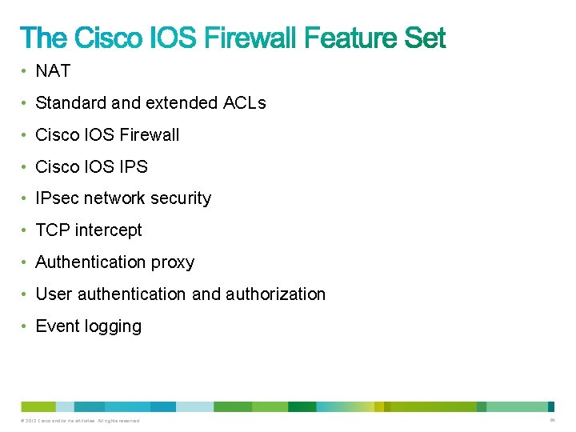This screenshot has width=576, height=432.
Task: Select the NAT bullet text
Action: (53, 71)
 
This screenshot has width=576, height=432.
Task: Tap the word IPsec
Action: (58, 198)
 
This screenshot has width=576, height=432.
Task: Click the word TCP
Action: (52, 230)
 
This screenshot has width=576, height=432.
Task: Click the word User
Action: (54, 294)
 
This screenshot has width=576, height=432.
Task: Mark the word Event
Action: (58, 326)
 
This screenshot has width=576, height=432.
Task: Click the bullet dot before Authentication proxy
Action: (26, 263)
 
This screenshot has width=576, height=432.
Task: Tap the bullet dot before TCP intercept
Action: (26, 231)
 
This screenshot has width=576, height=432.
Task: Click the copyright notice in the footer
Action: (82, 421)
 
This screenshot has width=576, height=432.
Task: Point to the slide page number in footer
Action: (552, 420)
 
